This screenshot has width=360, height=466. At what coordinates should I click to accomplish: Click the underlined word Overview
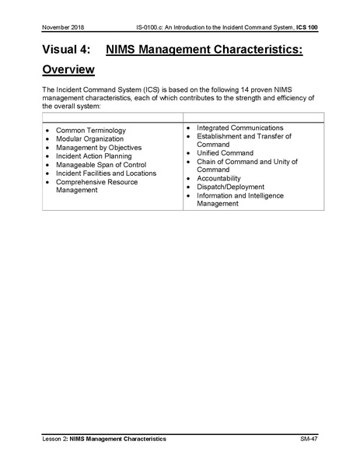(68, 70)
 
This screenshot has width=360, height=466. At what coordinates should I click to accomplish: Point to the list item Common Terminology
(90, 130)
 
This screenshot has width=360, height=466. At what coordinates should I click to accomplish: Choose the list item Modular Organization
(89, 138)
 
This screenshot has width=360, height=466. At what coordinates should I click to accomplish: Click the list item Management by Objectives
(99, 147)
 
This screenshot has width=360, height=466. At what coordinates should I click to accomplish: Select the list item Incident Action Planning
(94, 156)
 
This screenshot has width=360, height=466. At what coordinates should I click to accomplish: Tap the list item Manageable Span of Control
(101, 164)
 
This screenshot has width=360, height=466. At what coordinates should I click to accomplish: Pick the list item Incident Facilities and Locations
(106, 173)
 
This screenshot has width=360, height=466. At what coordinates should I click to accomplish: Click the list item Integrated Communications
(239, 128)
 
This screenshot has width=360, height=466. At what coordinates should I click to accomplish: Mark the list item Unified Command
(226, 152)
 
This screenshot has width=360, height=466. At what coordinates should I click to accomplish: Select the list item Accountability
(219, 178)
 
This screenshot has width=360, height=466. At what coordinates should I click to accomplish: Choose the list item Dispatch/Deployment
(230, 187)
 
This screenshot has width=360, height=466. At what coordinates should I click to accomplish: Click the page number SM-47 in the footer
(309, 440)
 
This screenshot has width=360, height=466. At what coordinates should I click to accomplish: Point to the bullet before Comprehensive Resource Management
(48, 182)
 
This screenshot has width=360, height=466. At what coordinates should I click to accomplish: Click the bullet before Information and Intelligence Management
(189, 195)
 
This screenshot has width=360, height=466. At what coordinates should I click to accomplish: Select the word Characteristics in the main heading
(255, 49)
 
